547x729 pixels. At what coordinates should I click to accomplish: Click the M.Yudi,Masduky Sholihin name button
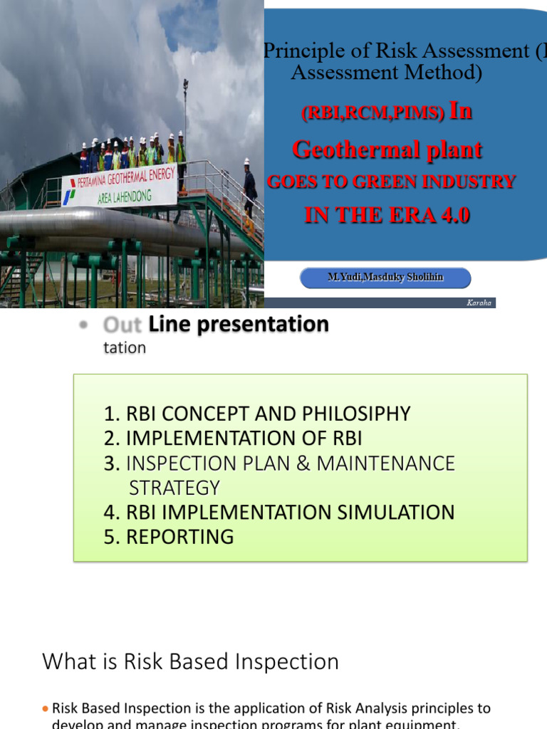tap(385, 277)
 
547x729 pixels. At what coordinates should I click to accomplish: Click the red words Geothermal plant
tap(387, 150)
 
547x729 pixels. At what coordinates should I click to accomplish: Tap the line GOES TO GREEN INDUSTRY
tap(390, 182)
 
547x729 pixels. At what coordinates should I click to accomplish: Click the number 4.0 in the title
tap(451, 215)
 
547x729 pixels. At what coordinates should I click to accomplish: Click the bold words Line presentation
tap(239, 325)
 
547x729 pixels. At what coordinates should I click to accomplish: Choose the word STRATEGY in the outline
tap(174, 488)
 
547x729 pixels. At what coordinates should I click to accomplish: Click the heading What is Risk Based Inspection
tap(190, 661)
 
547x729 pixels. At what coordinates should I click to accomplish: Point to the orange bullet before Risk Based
tap(46, 709)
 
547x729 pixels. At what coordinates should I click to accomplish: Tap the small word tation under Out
tap(125, 348)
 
